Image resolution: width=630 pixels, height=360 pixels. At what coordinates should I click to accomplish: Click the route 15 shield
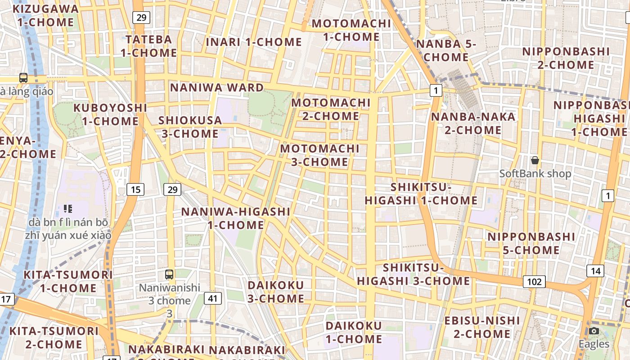coord(135,189)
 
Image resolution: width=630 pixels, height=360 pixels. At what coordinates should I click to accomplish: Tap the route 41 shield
coord(213,297)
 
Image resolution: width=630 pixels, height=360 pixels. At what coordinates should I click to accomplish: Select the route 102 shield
coord(534,282)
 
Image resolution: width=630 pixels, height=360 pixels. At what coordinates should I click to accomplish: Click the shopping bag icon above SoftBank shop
coord(535,160)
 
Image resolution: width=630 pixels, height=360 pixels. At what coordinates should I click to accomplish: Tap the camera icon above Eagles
coord(594,331)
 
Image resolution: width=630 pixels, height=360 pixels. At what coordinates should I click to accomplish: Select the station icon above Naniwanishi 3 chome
coord(169,274)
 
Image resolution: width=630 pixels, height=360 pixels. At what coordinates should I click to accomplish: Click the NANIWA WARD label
coord(216,87)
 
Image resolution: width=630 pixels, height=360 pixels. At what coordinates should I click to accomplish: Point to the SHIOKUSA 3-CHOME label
coord(190,127)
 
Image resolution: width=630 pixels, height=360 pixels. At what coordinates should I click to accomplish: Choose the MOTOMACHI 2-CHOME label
coord(331,109)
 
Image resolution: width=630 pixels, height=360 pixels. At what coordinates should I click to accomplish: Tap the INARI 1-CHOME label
coord(254,42)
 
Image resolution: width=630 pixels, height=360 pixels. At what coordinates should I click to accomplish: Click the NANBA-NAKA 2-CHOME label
coord(473,123)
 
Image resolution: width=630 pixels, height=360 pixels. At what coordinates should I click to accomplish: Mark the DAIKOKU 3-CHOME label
coord(276,292)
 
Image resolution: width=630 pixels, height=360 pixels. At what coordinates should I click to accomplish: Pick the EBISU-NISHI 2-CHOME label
coord(482,327)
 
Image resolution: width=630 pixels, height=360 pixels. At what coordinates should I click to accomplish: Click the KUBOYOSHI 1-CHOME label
coord(110,114)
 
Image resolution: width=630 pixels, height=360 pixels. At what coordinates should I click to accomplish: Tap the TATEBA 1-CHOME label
coord(148,46)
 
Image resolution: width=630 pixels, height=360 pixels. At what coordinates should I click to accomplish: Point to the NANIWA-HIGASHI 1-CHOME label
coord(235,218)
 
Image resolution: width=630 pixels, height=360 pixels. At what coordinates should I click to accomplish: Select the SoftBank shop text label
coord(535,173)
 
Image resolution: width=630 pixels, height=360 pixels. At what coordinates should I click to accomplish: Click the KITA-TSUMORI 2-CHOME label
coord(54,337)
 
